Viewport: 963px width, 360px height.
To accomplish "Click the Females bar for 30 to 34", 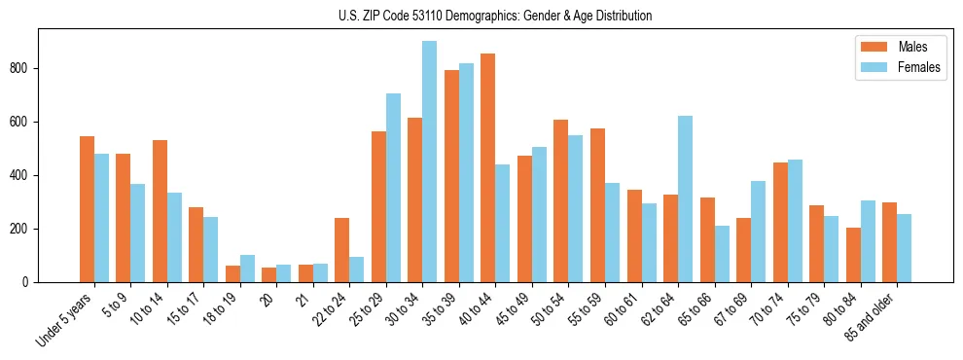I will pyautogui.click(x=429, y=162).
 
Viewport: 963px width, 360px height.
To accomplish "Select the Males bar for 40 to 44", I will pyautogui.click(x=487, y=167).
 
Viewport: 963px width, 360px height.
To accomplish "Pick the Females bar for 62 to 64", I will pyautogui.click(x=685, y=198).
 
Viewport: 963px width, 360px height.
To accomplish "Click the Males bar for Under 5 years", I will pyautogui.click(x=87, y=209).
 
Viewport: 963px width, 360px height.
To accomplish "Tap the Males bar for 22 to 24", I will pyautogui.click(x=341, y=250).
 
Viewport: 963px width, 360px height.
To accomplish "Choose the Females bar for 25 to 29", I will pyautogui.click(x=393, y=188).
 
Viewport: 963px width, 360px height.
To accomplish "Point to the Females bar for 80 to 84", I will pyautogui.click(x=868, y=241).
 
